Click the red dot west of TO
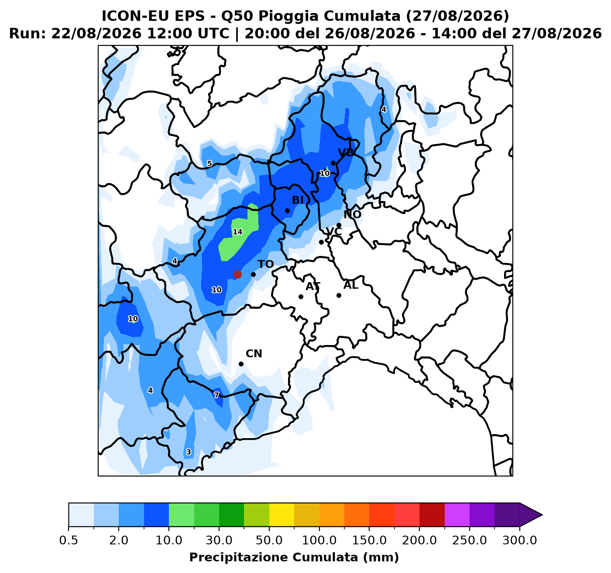tap(237, 274)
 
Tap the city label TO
tap(266, 264)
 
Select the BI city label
tap(298, 200)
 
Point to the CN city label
tap(254, 354)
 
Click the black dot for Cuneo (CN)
tap(241, 364)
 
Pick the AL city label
tap(351, 286)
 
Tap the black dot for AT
tap(301, 297)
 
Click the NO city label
tap(353, 214)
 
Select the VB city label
tap(346, 152)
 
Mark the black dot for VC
tap(321, 242)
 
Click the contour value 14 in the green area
tap(237, 232)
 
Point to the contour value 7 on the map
tap(216, 395)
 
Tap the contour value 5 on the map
tap(209, 163)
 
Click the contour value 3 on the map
tap(189, 452)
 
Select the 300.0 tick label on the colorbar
tap(520, 540)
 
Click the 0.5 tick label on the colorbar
tap(69, 540)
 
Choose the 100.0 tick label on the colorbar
tap(319, 540)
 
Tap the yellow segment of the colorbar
tap(281, 514)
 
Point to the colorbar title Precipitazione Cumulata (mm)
tap(294, 557)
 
